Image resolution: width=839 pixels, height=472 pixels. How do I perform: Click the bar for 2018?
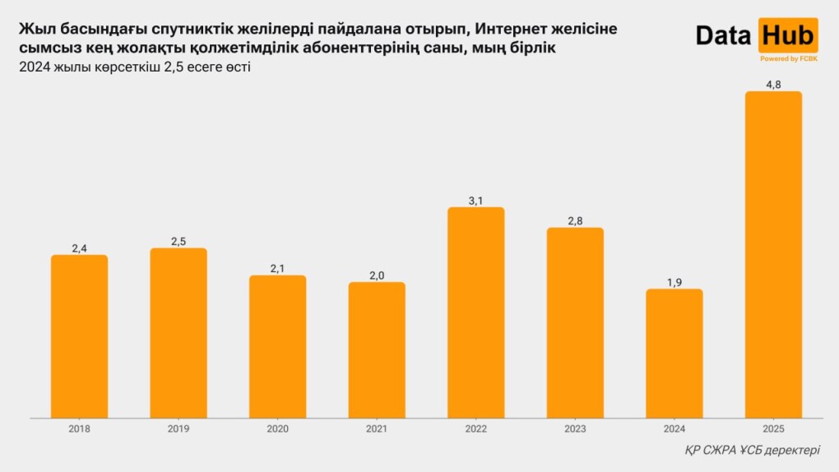pyautogui.click(x=80, y=336)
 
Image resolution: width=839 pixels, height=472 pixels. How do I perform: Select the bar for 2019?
pyautogui.click(x=178, y=333)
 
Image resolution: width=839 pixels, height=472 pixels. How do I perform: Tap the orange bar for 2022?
pyautogui.click(x=475, y=312)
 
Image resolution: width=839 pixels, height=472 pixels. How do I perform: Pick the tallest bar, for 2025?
pyautogui.click(x=773, y=255)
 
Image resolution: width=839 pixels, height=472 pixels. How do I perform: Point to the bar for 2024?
pyautogui.click(x=674, y=354)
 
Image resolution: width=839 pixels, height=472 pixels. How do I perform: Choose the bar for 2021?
pyautogui.click(x=377, y=350)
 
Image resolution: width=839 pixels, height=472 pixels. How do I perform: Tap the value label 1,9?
pyautogui.click(x=674, y=281)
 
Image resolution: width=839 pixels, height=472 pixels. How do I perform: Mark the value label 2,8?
pyautogui.click(x=575, y=220)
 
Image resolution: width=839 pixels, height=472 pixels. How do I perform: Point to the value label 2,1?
pyautogui.click(x=278, y=267)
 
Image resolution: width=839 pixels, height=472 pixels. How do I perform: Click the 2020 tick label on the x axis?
pyautogui.click(x=278, y=429)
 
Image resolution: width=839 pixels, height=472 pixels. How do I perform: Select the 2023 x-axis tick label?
pyautogui.click(x=575, y=429)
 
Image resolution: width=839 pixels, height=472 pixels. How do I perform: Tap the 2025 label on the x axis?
pyautogui.click(x=773, y=429)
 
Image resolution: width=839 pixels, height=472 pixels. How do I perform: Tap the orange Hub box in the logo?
pyautogui.click(x=788, y=35)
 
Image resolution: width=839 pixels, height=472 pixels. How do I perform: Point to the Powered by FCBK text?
pyautogui.click(x=788, y=59)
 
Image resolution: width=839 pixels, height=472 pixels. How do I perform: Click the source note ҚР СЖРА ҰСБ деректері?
pyautogui.click(x=752, y=451)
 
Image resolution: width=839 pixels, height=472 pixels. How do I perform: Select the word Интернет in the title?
pyautogui.click(x=512, y=30)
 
